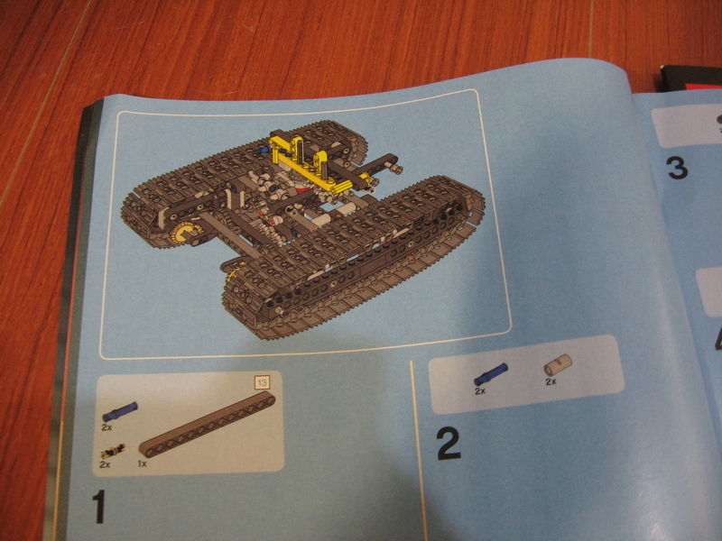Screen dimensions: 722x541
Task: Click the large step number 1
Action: point(99,507)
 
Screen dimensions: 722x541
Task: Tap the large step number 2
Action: point(449,443)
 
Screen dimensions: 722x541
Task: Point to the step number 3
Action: point(678,169)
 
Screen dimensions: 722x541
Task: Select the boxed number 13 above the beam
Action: point(262,382)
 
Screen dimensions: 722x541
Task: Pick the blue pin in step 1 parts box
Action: point(120,412)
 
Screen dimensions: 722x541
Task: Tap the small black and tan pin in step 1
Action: point(113,452)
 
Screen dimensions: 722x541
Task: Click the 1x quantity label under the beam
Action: point(143,463)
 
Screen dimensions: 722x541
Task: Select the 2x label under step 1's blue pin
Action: point(106,427)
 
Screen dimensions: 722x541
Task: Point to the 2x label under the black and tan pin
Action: point(105,464)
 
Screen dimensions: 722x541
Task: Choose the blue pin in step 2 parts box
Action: point(491,374)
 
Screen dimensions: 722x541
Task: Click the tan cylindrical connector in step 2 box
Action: point(558,365)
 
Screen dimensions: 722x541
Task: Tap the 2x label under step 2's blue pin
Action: point(480,391)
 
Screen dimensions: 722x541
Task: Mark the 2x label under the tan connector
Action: point(551,381)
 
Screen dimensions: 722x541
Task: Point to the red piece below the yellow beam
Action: point(302,188)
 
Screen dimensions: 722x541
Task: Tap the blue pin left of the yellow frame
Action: point(264,150)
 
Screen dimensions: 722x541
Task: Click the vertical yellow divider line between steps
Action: point(417,451)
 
